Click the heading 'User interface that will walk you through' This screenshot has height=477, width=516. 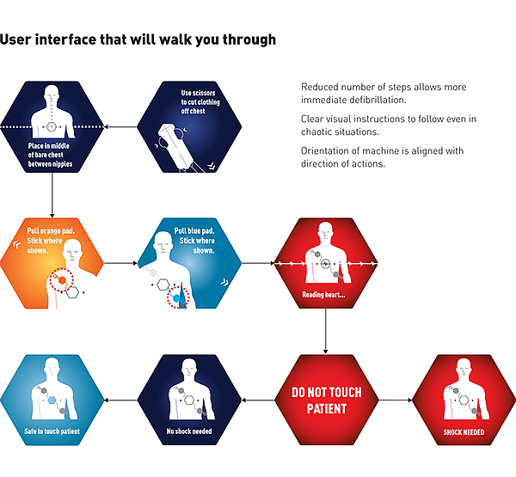(x=138, y=40)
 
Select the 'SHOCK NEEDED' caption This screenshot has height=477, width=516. (x=463, y=432)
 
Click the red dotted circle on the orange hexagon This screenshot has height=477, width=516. (x=62, y=279)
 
